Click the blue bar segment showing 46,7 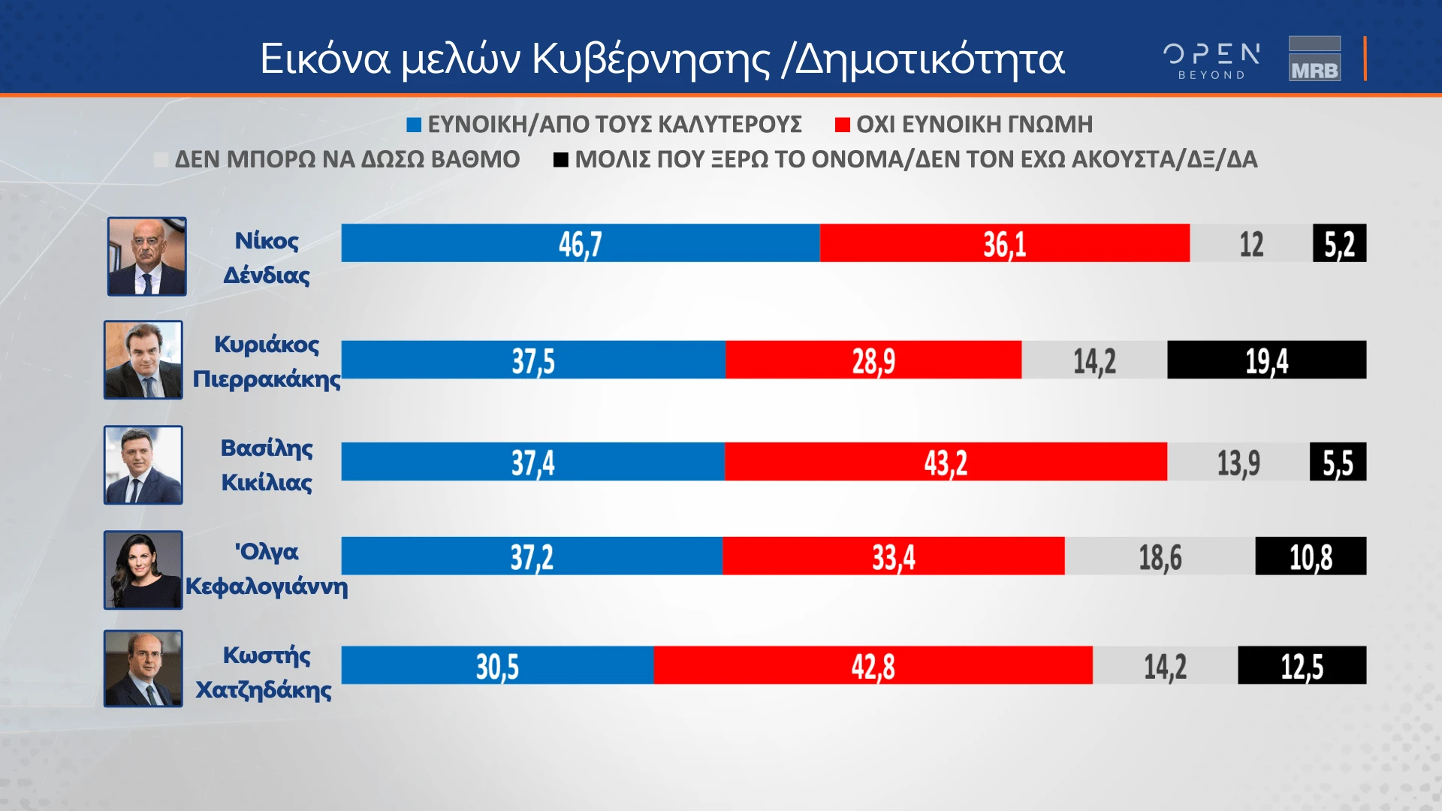pyautogui.click(x=580, y=243)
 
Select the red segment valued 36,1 pyautogui.click(x=1004, y=243)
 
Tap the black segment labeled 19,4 pyautogui.click(x=1266, y=360)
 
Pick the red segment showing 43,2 pyautogui.click(x=946, y=462)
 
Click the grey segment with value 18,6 pyautogui.click(x=1160, y=556)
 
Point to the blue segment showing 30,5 pyautogui.click(x=497, y=665)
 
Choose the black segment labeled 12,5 pyautogui.click(x=1302, y=665)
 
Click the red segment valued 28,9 pyautogui.click(x=873, y=360)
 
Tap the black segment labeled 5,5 pyautogui.click(x=1338, y=462)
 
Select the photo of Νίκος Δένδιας pyautogui.click(x=146, y=257)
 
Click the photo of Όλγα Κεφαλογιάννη pyautogui.click(x=143, y=570)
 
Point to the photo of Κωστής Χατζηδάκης pyautogui.click(x=143, y=668)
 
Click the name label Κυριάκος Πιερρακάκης pyautogui.click(x=267, y=361)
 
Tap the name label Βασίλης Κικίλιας pyautogui.click(x=267, y=465)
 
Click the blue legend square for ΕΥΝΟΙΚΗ pyautogui.click(x=414, y=125)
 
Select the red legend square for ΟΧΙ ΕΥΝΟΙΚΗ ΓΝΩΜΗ pyautogui.click(x=842, y=125)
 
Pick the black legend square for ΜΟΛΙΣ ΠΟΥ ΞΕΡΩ pyautogui.click(x=560, y=160)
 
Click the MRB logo pyautogui.click(x=1314, y=59)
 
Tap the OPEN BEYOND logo pyautogui.click(x=1211, y=60)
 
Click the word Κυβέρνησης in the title pyautogui.click(x=651, y=59)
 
